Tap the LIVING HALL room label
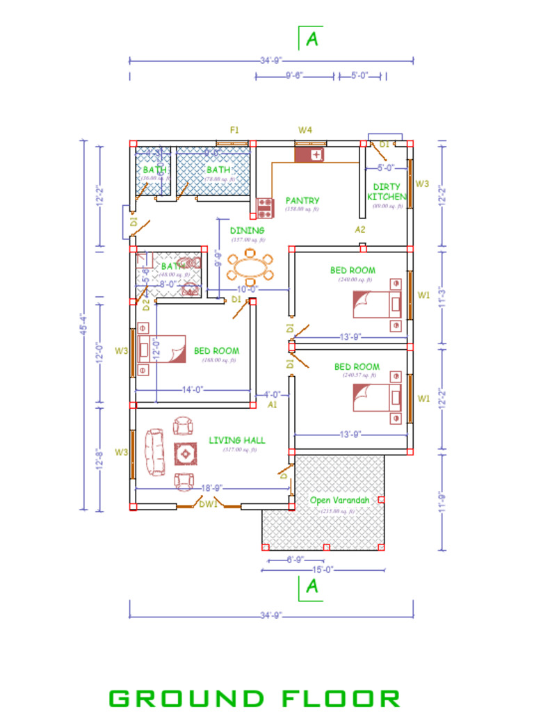pos(237,440)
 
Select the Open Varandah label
pos(338,501)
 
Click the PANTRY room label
pos(302,200)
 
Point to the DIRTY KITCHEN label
pos(387,191)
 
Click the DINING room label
pos(247,230)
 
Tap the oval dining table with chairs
pos(251,266)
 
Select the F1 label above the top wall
pos(235,130)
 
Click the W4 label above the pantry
pos(305,130)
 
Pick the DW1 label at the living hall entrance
pos(208,504)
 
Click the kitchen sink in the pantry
pos(310,154)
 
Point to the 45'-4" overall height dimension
pos(85,324)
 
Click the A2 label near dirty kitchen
pos(360,229)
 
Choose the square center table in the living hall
pos(186,454)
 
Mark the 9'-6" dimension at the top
pos(293,76)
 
